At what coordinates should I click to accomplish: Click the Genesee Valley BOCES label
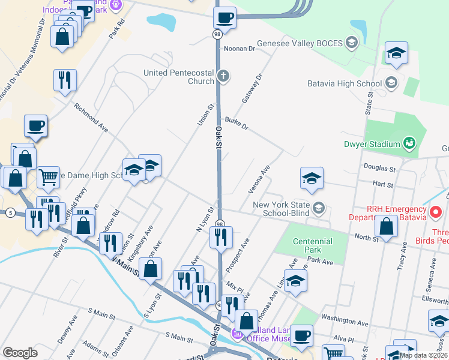[x=300, y=43]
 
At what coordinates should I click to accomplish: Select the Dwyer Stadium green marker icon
[x=409, y=143]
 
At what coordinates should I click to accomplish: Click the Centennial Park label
[x=312, y=245]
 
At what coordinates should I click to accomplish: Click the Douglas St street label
[x=378, y=168]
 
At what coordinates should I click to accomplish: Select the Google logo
[x=20, y=353]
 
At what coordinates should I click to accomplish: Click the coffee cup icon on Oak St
[x=224, y=17]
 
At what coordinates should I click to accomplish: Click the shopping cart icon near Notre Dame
[x=48, y=177]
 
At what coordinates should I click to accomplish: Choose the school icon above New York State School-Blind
[x=312, y=178]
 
